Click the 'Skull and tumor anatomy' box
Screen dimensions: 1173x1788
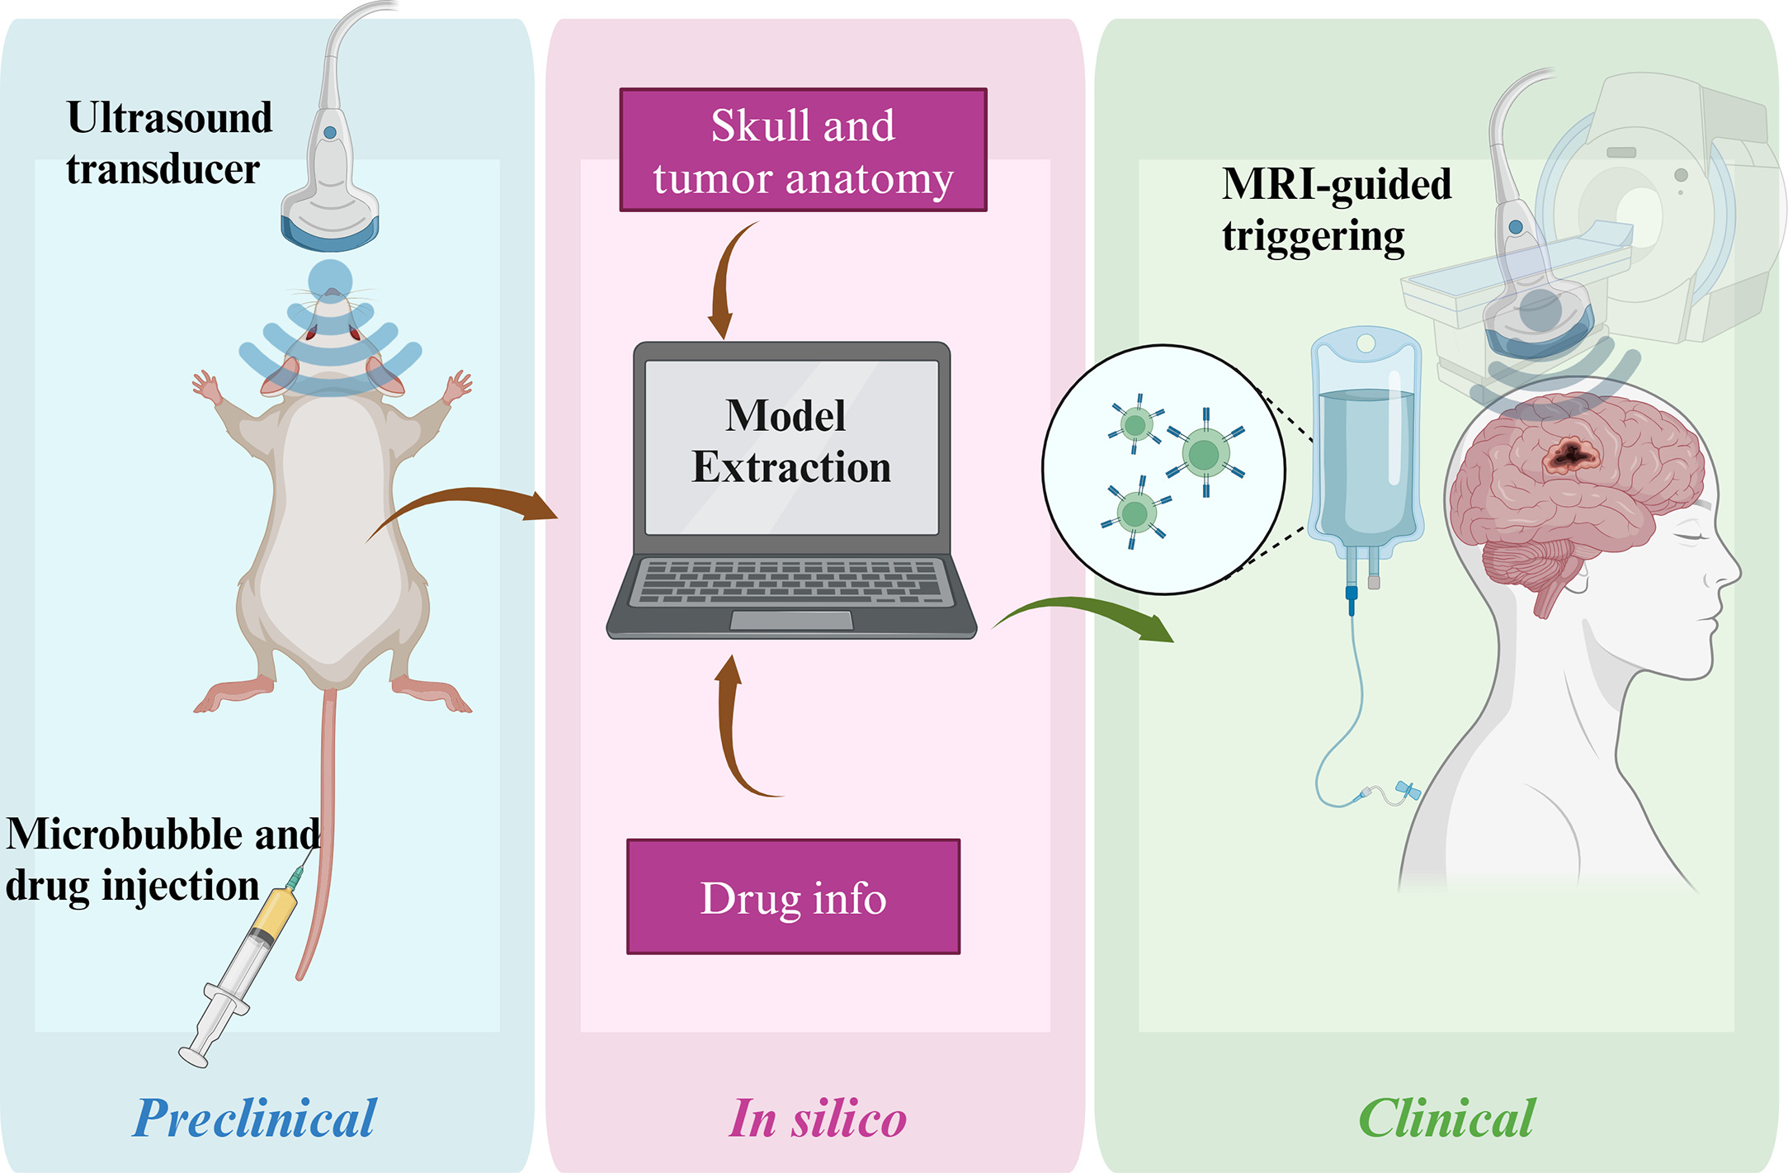pyautogui.click(x=803, y=150)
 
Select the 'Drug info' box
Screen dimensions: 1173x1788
pyautogui.click(x=793, y=897)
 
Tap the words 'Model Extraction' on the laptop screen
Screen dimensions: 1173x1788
pyautogui.click(x=790, y=442)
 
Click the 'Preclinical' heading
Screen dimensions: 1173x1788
pyautogui.click(x=254, y=1119)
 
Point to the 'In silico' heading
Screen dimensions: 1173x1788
pyautogui.click(x=817, y=1119)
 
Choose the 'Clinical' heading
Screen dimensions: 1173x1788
pyautogui.click(x=1446, y=1119)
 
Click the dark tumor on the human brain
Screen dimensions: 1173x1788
pyautogui.click(x=1572, y=453)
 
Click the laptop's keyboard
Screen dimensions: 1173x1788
pyautogui.click(x=790, y=582)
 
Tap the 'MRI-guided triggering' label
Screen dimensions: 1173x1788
pyautogui.click(x=1336, y=210)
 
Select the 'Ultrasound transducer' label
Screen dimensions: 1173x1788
pyautogui.click(x=169, y=143)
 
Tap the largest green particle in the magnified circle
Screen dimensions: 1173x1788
pyautogui.click(x=1205, y=453)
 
